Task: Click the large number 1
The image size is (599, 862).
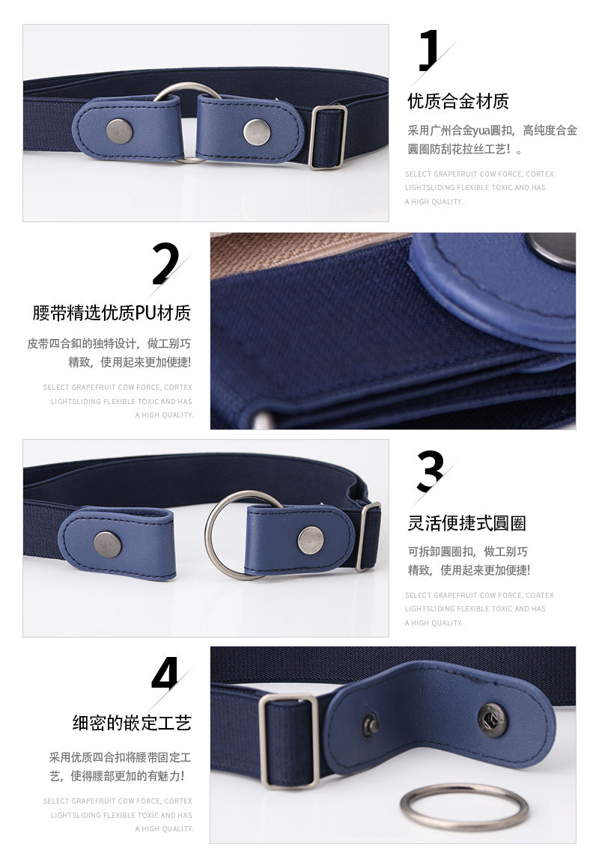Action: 428,52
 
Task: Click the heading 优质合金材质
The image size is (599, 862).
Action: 457,101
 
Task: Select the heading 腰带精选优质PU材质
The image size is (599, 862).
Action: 112,312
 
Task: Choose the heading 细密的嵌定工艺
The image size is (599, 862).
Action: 132,723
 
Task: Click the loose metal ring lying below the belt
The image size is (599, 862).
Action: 463,807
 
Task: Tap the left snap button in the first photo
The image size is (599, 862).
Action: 118,132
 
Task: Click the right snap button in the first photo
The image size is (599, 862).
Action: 256,132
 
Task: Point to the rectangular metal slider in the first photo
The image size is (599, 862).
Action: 327,137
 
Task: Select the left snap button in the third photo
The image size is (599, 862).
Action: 108,544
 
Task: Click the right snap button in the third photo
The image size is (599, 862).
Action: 311,540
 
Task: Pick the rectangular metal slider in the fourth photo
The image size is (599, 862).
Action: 288,740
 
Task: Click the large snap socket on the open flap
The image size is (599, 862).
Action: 492,719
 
